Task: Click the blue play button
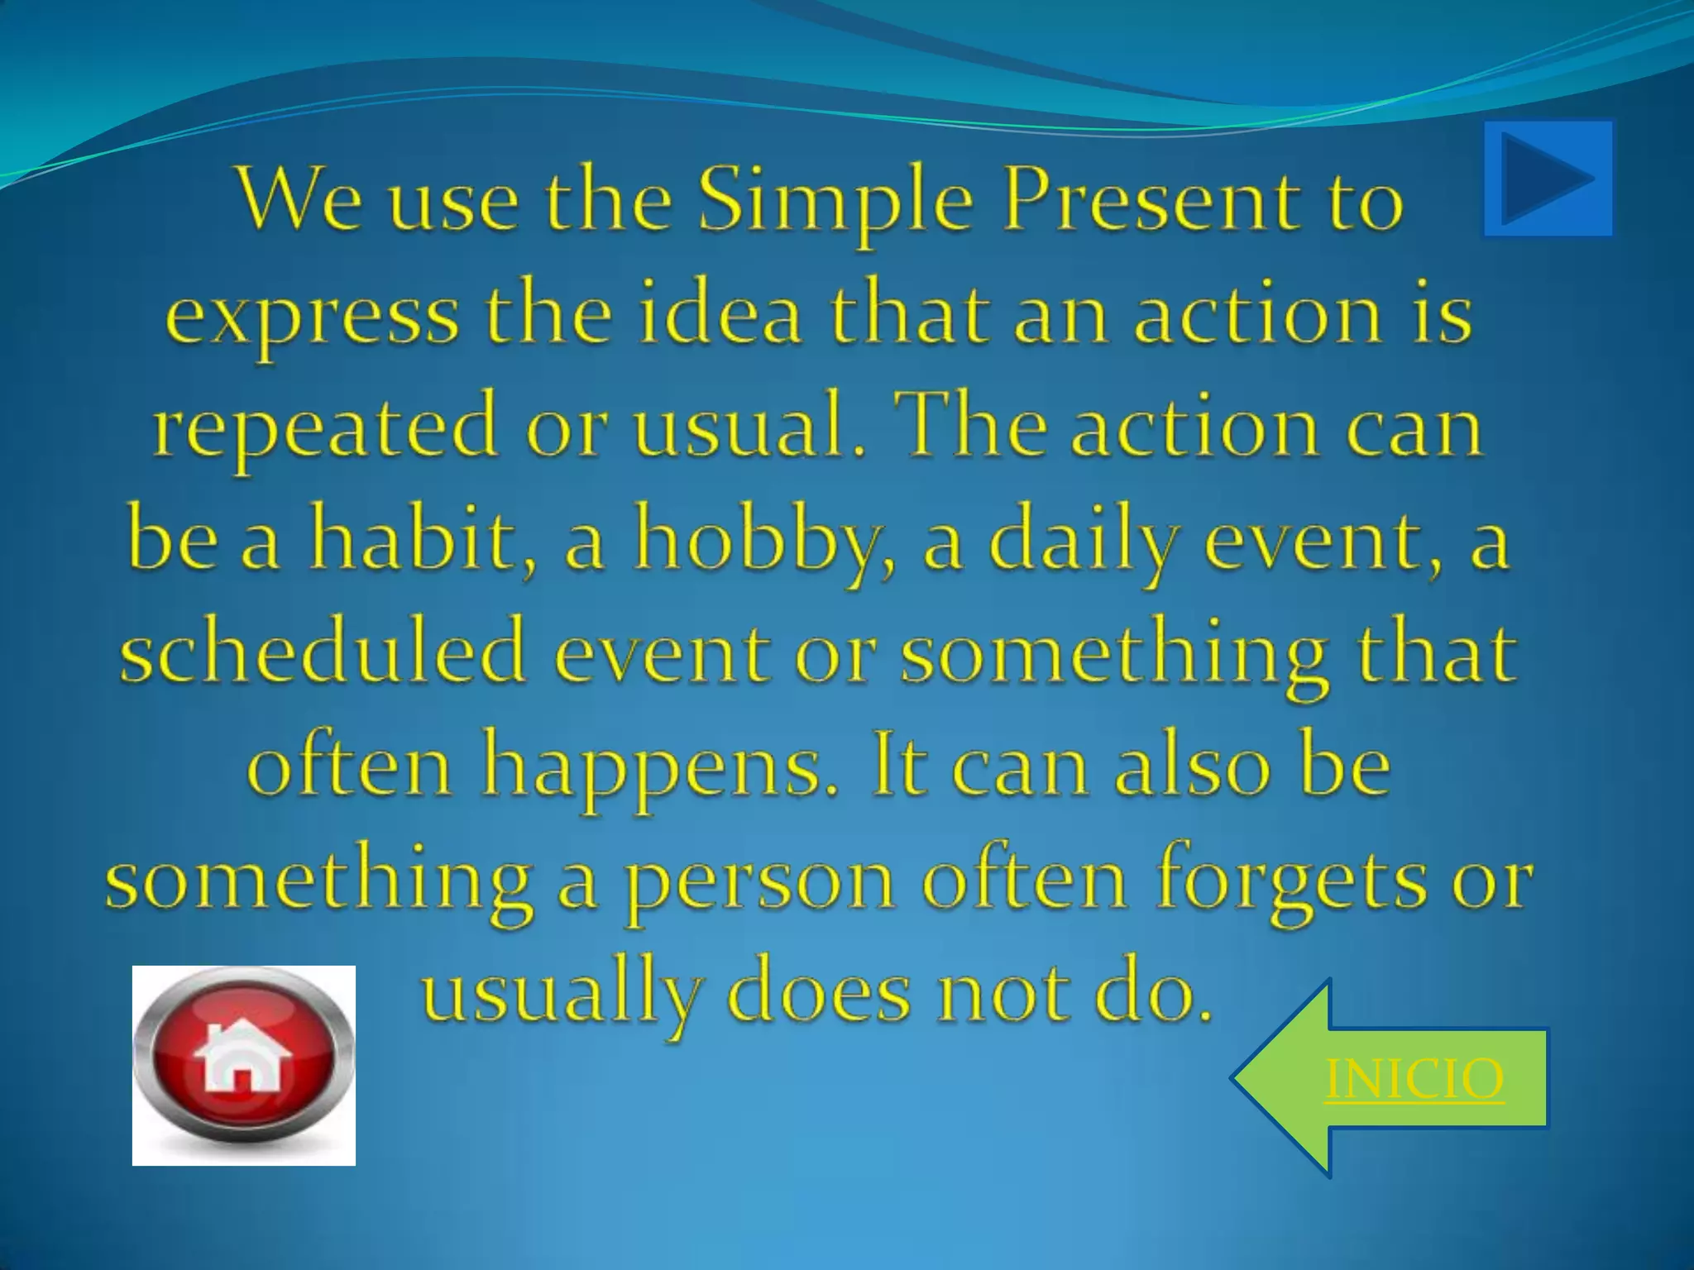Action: [1548, 179]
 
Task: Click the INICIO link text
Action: [1414, 1079]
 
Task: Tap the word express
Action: [311, 316]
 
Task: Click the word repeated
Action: [326, 430]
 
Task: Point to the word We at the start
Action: [299, 203]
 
